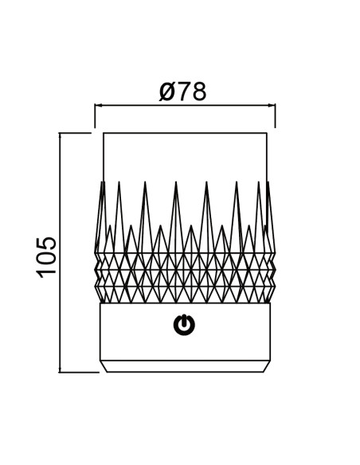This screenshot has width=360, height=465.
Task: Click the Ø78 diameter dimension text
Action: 182,92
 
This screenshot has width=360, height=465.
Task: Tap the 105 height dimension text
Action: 46,257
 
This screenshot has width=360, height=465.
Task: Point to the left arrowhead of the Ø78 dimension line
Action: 99,105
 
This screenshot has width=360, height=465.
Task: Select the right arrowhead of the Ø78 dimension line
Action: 272,105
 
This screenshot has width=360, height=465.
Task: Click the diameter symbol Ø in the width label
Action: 167,92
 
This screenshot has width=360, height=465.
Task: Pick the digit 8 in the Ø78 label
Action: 198,92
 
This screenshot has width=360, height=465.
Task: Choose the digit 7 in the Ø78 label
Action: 184,92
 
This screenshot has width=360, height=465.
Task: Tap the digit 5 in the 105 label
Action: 46,242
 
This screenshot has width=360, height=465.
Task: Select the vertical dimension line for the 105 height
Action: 60,252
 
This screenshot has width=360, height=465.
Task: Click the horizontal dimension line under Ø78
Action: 185,105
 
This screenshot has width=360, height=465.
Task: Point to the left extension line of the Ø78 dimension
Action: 95,115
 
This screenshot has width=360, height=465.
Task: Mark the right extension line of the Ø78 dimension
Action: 276,115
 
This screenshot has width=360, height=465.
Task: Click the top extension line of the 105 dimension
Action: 75,133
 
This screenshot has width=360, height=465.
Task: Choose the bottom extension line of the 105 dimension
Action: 79,372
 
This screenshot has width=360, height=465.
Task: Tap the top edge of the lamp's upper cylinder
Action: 185,133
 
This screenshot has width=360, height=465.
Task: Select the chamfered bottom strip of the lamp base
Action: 185,366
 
